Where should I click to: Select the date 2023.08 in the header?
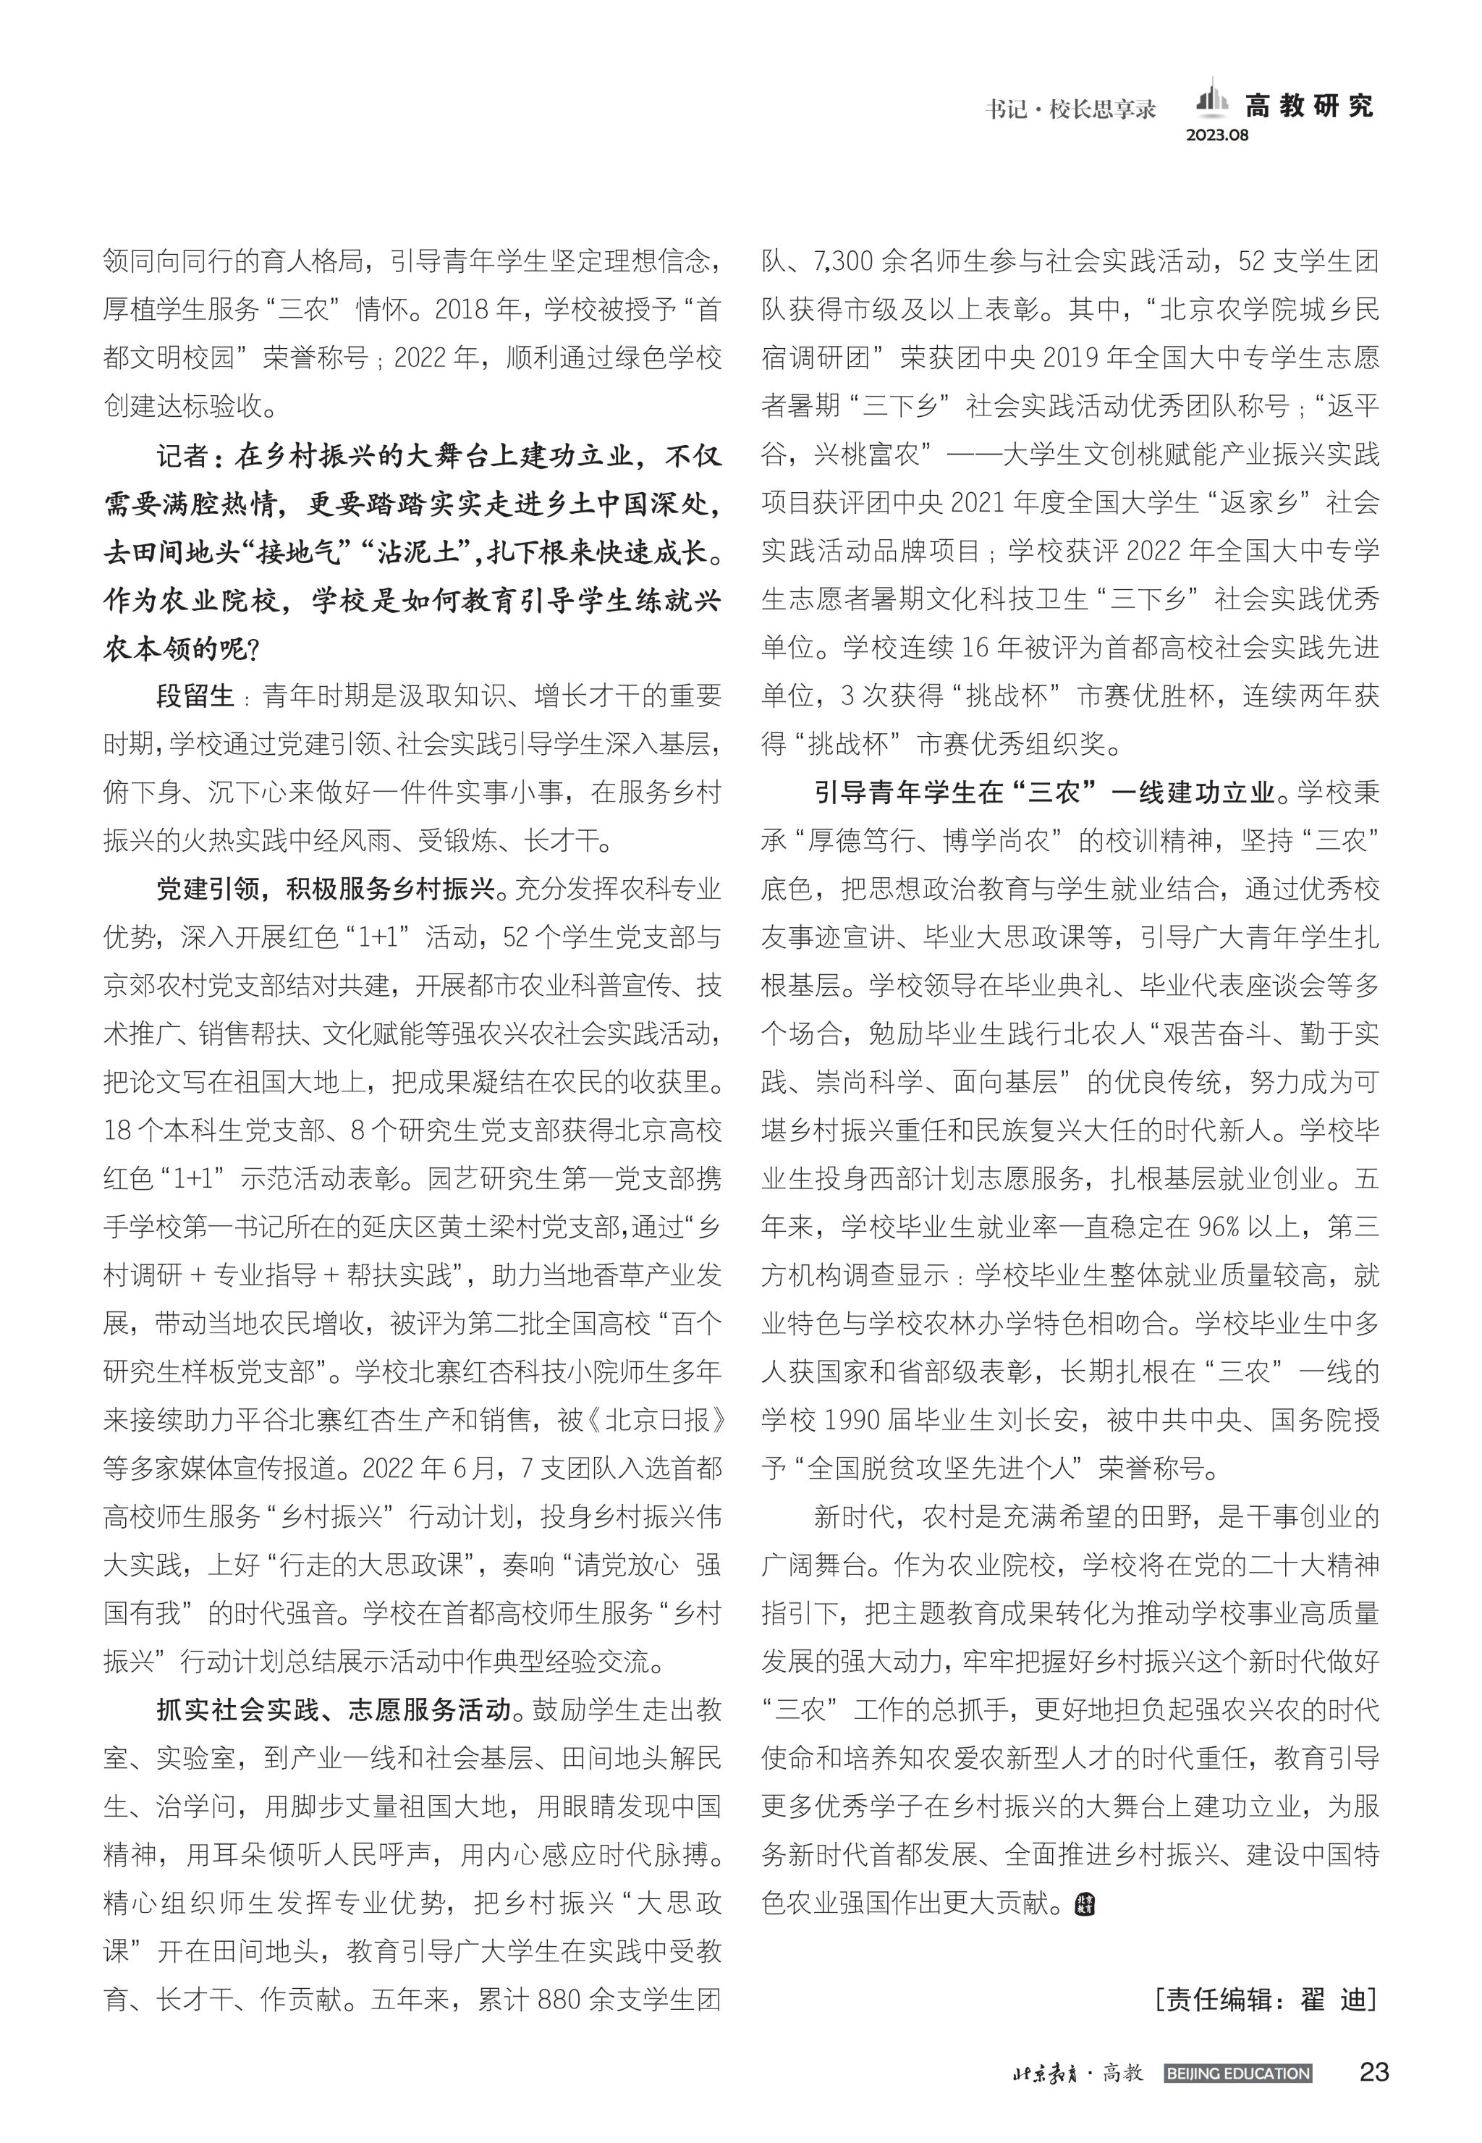1217,135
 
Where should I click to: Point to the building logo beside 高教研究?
1209,101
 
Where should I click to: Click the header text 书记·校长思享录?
1070,109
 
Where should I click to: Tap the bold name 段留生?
195,696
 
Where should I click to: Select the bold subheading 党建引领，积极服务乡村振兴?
325,889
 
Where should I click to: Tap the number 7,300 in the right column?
843,262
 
